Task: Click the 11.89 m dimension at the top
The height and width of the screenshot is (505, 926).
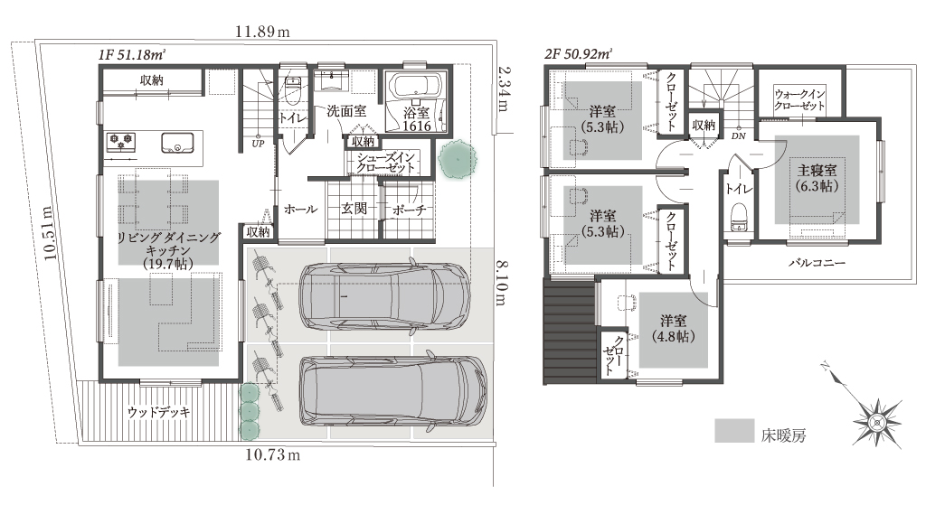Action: pos(262,32)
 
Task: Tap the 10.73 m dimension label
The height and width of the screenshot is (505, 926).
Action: pos(273,454)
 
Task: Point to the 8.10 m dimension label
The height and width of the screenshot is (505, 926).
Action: pos(501,283)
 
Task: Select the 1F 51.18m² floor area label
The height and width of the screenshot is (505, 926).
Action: pos(132,55)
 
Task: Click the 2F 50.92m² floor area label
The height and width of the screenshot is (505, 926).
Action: pos(579,55)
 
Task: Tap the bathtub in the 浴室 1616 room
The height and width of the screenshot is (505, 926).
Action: pos(417,87)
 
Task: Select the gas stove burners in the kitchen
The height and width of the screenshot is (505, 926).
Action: pos(121,142)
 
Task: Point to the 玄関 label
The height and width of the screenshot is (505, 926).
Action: pos(354,208)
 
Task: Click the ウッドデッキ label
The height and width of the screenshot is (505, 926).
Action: pos(159,412)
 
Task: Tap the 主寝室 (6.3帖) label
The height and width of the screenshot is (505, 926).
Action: pos(817,178)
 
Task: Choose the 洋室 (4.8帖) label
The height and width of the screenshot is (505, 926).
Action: pos(673,329)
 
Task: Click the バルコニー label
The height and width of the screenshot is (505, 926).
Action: pos(817,263)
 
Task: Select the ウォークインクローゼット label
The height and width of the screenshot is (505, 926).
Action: pos(799,99)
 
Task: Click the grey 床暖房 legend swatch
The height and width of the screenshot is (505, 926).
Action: pos(734,431)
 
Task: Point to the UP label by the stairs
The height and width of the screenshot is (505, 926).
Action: pos(258,144)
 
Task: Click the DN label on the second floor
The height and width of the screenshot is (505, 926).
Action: pos(738,136)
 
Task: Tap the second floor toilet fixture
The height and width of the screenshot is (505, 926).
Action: pos(739,217)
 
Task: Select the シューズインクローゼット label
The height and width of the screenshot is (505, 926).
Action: pos(385,163)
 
